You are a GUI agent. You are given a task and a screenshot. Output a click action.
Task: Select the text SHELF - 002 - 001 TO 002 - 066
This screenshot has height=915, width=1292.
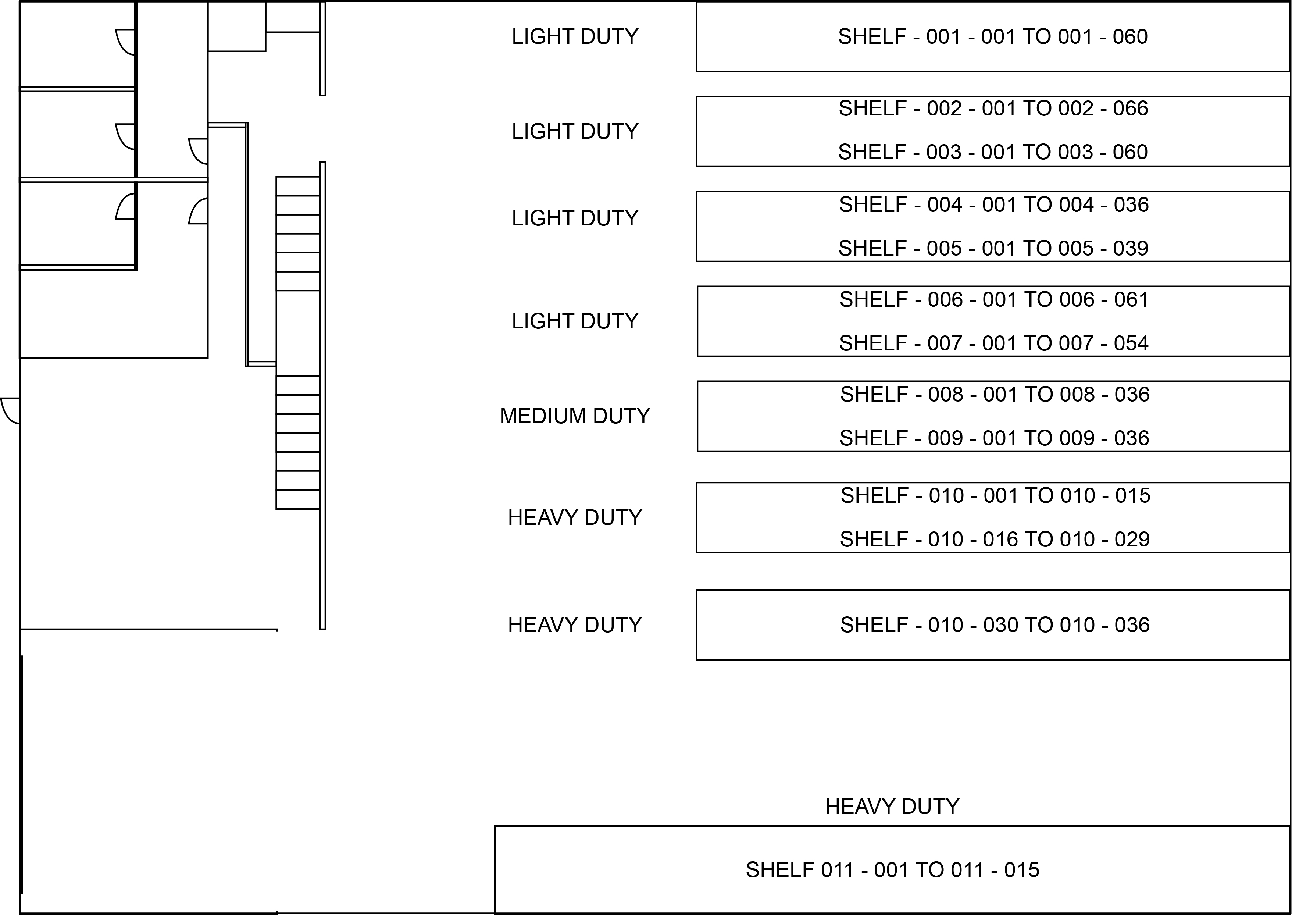(993, 108)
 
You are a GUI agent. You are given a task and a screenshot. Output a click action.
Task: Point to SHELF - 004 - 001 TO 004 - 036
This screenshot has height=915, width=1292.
(993, 204)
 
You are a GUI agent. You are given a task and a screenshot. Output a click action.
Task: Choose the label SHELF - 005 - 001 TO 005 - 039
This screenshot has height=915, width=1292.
(993, 249)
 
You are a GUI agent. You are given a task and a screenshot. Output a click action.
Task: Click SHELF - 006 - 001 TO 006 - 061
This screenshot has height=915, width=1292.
(993, 300)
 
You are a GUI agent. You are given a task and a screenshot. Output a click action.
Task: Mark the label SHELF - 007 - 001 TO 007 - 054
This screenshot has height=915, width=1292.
(993, 343)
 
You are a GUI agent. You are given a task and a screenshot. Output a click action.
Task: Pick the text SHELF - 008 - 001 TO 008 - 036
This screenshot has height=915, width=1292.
(995, 394)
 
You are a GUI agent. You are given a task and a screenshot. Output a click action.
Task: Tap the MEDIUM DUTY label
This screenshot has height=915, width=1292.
(574, 416)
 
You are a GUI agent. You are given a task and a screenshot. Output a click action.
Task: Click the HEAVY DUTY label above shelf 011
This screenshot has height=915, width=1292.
(892, 807)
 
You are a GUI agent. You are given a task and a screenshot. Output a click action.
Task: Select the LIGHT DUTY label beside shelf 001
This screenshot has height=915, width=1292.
(574, 37)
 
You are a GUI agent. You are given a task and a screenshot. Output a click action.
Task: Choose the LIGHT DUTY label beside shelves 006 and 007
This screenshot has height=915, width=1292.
(574, 321)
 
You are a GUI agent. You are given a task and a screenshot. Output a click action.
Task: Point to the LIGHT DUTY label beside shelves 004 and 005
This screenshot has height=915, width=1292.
(574, 218)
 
